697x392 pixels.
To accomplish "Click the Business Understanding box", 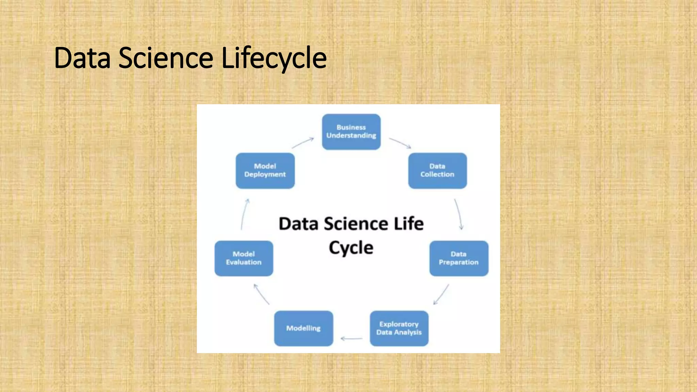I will (x=351, y=132).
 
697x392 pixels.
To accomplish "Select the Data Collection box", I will (x=437, y=170).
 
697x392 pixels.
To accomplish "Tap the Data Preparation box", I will (x=459, y=258).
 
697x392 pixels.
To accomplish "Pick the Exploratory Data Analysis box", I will (x=399, y=328).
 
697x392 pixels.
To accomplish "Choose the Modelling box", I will (x=303, y=328).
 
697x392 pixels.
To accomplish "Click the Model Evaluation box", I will (x=244, y=258).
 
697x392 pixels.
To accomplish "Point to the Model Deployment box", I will (x=265, y=170).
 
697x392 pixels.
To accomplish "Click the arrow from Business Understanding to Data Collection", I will (x=400, y=143).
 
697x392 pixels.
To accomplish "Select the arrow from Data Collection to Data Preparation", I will (x=459, y=214).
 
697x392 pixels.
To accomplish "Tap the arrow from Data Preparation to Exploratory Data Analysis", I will (x=441, y=295).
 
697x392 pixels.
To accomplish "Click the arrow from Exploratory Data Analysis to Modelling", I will (x=352, y=339).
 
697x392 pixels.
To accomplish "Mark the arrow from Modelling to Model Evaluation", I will (x=261, y=294).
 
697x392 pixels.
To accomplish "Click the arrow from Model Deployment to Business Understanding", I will (x=303, y=143).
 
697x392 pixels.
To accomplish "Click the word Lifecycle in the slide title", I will (x=274, y=58).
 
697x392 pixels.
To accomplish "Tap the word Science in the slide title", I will (x=166, y=58).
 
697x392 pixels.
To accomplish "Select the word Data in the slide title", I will (x=82, y=58).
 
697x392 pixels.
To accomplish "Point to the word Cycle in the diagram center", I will (x=351, y=248).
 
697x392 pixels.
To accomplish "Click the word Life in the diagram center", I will (x=408, y=224).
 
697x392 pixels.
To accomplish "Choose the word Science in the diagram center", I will (x=356, y=224).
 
